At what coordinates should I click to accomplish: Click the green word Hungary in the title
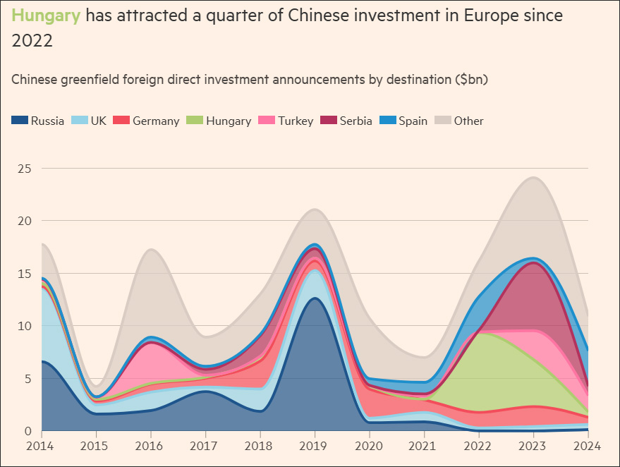click(46, 16)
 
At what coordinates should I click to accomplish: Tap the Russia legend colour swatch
click(20, 121)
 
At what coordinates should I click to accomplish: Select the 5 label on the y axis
click(28, 379)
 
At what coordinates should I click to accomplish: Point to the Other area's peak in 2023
click(533, 178)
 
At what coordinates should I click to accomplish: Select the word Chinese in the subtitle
click(37, 79)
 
